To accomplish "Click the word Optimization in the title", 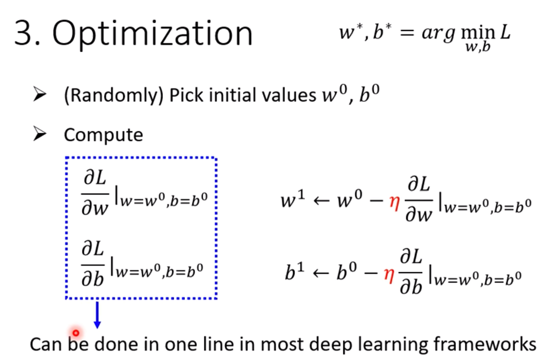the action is click(x=152, y=34).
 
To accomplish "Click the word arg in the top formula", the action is click(x=438, y=33).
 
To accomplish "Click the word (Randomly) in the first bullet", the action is click(x=113, y=95).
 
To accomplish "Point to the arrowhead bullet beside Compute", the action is click(x=40, y=134).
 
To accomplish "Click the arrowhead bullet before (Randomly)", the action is click(x=40, y=94).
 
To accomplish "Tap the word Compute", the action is click(x=103, y=135).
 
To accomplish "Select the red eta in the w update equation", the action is click(x=394, y=202).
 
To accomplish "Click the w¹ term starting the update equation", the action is click(x=293, y=200).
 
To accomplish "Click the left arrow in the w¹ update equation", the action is click(x=321, y=201).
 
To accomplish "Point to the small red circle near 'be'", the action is click(x=76, y=333).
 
